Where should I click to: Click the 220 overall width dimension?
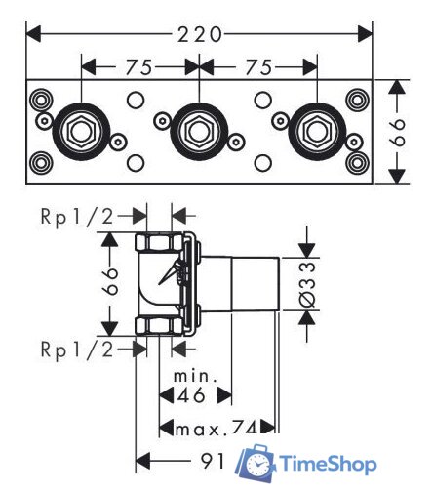coord(200,34)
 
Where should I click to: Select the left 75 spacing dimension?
coord(138,67)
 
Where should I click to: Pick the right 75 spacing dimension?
coord(258,67)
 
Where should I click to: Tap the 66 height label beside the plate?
coord(397,132)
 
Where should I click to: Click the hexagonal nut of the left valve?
coord(81,132)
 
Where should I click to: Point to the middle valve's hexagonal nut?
coord(199,132)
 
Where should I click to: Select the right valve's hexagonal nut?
coord(317,132)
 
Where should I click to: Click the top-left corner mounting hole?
coord(41,101)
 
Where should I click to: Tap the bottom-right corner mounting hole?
coord(357,163)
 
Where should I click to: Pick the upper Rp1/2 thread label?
coord(77,216)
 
